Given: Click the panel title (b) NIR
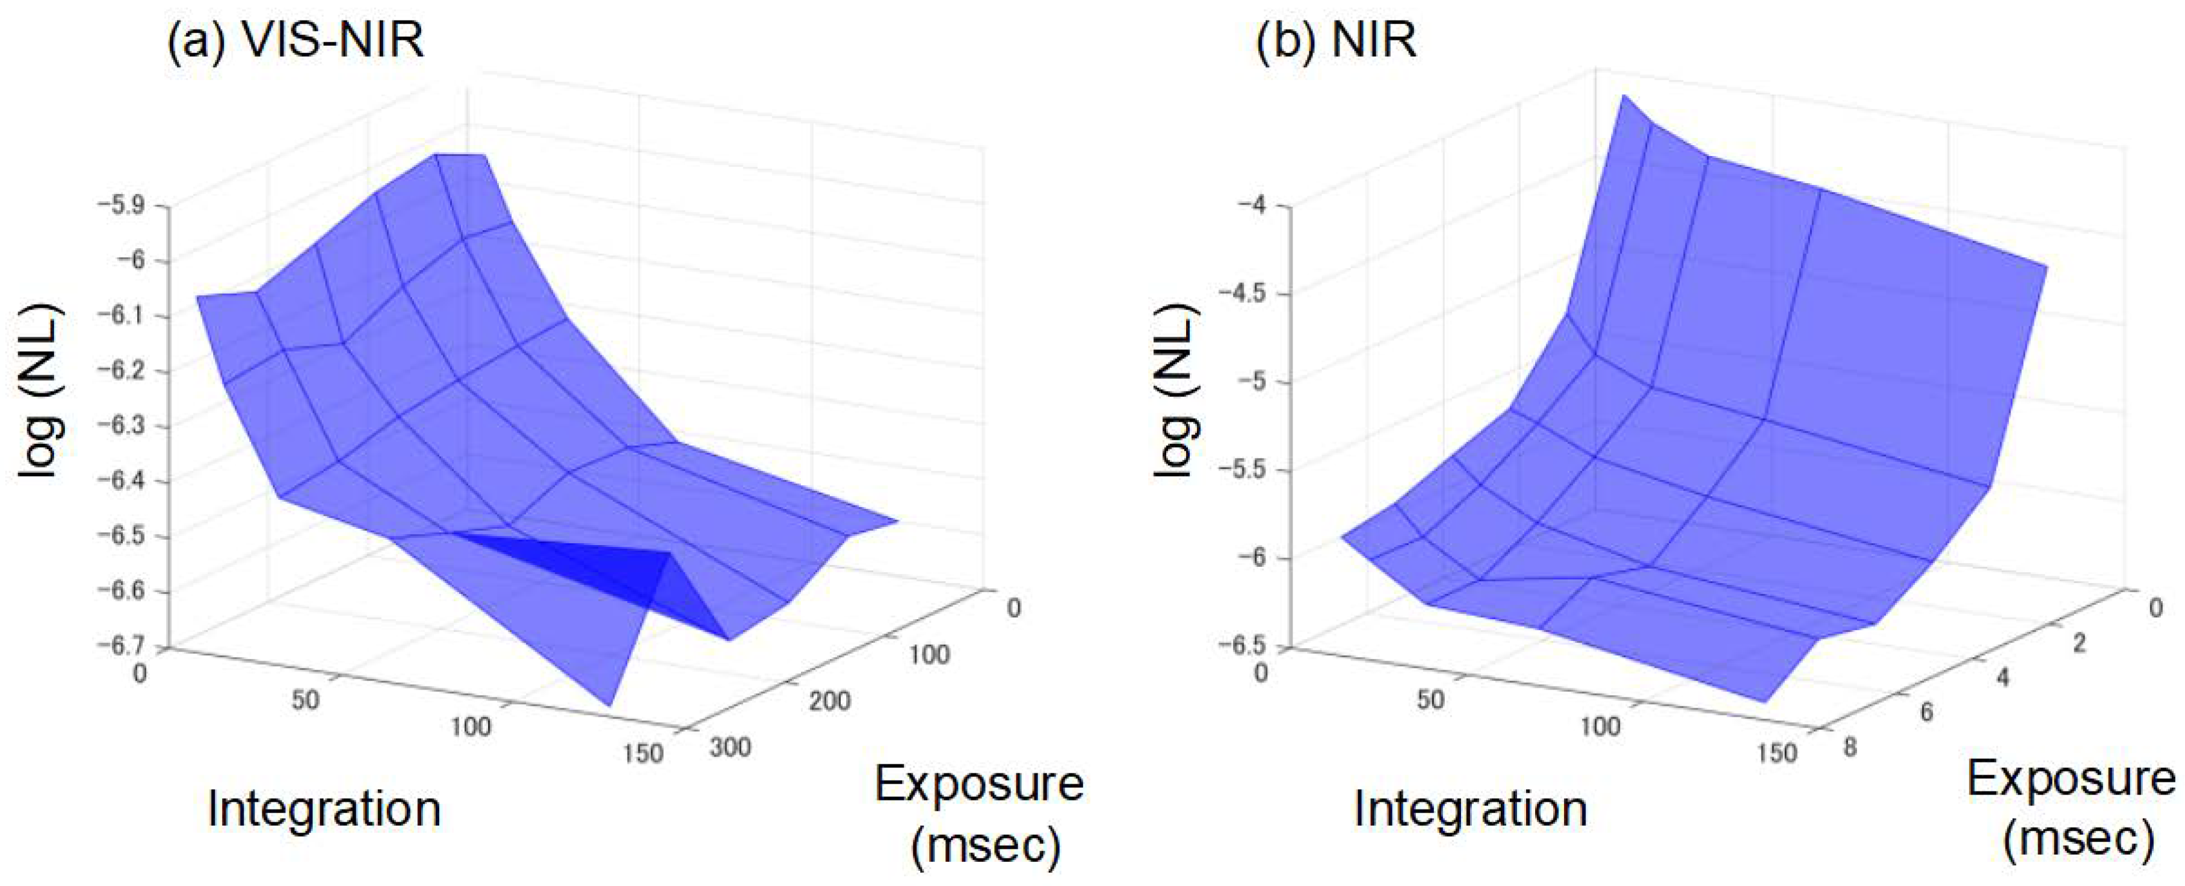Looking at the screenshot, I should point(1335,40).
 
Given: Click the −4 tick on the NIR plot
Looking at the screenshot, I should point(1253,205).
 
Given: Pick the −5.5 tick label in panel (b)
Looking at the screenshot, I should point(1242,469).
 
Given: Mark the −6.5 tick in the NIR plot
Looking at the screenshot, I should point(1242,646).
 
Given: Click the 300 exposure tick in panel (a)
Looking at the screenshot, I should point(729,747).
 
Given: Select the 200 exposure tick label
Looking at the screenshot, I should point(829,701).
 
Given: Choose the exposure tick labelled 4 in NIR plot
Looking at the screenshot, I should point(2003,678).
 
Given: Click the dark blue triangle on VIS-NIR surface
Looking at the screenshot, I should point(619,569).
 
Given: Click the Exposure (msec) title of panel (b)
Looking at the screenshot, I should point(2069,809).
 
